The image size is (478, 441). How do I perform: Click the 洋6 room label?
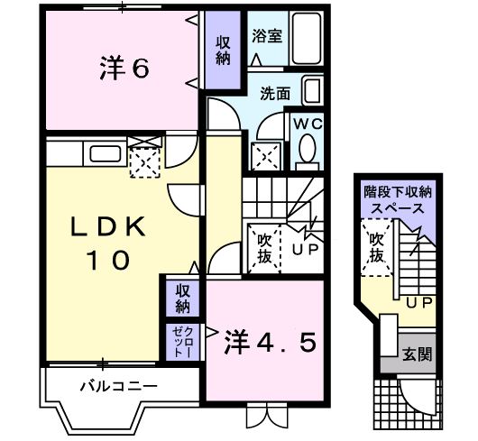[124, 68]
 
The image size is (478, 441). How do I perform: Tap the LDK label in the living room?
[108, 226]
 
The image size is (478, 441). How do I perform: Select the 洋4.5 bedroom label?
[270, 343]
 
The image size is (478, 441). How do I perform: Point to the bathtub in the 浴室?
[307, 38]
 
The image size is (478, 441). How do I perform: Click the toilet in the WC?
[307, 152]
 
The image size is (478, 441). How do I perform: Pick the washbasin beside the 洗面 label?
[312, 91]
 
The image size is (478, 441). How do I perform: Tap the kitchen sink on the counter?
[106, 154]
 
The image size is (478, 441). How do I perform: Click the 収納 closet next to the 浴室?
[223, 51]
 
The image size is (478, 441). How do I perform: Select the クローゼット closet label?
[182, 342]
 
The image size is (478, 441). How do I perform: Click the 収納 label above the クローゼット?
[182, 299]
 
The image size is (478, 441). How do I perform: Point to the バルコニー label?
[119, 387]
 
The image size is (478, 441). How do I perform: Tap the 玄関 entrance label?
[417, 354]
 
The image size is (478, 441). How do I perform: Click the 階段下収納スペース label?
[398, 200]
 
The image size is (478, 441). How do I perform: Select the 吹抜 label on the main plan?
[264, 249]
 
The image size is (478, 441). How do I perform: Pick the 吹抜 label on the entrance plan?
[376, 248]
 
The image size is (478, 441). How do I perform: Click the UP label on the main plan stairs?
[305, 249]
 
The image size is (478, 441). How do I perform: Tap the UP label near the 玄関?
[419, 302]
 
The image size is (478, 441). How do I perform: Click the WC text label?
[308, 124]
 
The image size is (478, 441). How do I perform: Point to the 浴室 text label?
[267, 36]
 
